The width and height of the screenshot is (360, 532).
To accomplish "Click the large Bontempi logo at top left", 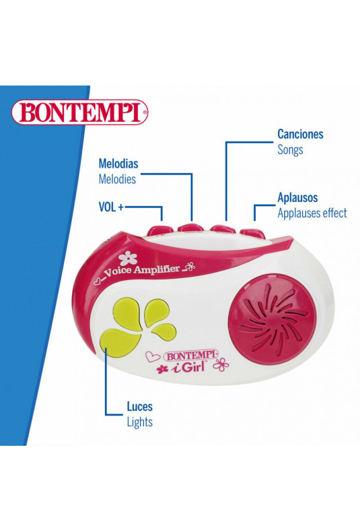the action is (x=79, y=112).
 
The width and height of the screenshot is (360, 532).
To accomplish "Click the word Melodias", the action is (x=118, y=164).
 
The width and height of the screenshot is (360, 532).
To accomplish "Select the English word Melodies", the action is (x=117, y=179).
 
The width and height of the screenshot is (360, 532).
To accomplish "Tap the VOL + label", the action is (x=111, y=207).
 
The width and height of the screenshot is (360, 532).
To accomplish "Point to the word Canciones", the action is (x=300, y=134).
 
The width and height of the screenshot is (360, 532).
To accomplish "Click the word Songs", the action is (x=290, y=149).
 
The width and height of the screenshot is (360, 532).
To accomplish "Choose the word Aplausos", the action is (x=297, y=197).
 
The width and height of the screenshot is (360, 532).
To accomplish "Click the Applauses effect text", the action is (x=312, y=213).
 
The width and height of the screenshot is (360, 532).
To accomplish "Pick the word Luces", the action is (x=140, y=407).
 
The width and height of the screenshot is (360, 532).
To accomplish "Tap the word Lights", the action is (x=140, y=422).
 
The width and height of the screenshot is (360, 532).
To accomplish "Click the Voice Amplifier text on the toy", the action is (x=141, y=271).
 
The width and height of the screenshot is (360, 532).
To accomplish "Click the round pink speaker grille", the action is (x=273, y=321).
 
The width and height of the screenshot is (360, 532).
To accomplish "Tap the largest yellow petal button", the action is (x=120, y=342).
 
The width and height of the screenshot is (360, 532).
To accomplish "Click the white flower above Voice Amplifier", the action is (x=128, y=259).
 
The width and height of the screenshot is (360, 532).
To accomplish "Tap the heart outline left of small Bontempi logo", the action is (x=153, y=356).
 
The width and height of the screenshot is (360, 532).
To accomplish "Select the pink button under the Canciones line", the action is (x=222, y=229).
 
